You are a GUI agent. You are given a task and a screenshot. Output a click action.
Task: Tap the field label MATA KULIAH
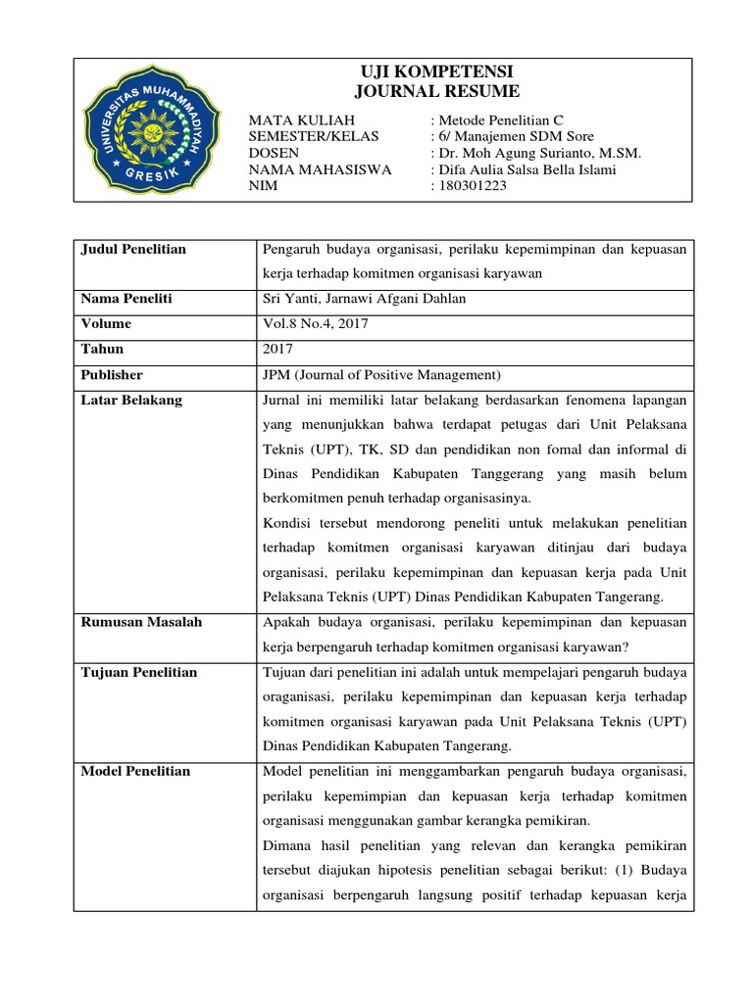[294, 119]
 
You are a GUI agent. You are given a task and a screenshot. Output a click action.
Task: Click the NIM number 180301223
[473, 186]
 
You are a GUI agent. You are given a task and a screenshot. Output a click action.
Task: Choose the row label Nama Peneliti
[127, 298]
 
